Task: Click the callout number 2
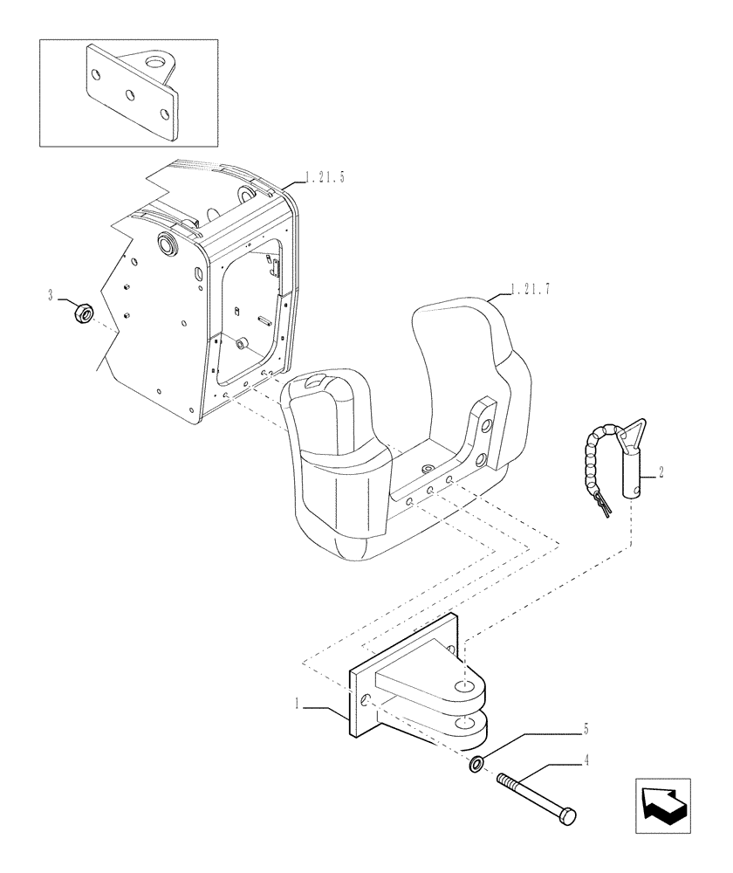(x=662, y=472)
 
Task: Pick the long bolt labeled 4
(x=532, y=793)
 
